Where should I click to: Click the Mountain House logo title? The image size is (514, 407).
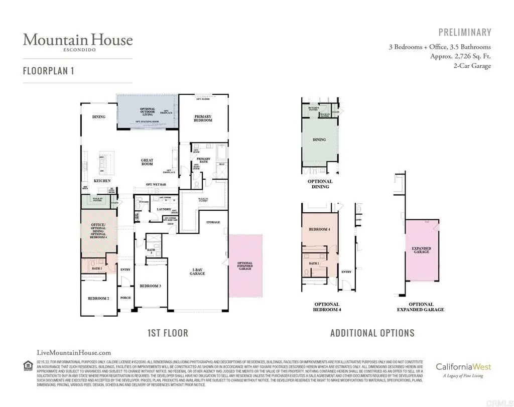point(77,40)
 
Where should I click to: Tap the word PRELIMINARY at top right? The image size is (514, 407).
point(465,33)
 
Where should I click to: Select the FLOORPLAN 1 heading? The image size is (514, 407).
point(48,71)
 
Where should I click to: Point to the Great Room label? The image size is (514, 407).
point(147,163)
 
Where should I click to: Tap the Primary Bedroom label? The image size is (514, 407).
point(203,118)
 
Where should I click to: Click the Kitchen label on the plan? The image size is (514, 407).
point(102,181)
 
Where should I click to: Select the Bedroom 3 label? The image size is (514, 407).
point(150,286)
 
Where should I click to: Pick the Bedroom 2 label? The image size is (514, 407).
point(98,298)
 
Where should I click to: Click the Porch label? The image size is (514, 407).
point(125,298)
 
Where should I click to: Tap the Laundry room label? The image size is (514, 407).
point(164,209)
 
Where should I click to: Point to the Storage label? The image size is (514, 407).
point(213,222)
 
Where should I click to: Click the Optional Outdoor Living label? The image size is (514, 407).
point(148,111)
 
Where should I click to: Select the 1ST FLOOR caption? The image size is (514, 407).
point(168,333)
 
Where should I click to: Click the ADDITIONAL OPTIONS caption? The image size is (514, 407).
point(372,333)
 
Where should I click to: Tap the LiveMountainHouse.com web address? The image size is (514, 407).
point(74,353)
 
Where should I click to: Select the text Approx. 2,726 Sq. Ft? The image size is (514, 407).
point(460,56)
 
